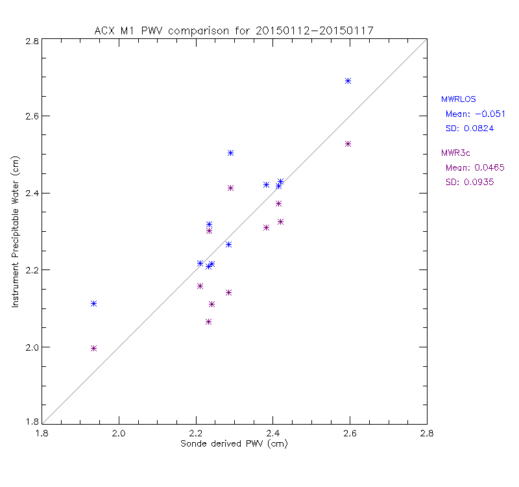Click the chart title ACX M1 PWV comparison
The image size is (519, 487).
point(234,31)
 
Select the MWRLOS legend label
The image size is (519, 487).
point(458,99)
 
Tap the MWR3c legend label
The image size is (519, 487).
point(455,153)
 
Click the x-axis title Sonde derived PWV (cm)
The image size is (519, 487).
point(234,443)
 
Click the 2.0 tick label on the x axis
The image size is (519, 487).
point(118,433)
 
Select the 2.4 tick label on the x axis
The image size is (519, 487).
point(272,433)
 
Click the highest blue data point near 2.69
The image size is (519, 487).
point(348,81)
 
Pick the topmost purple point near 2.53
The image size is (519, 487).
point(348,144)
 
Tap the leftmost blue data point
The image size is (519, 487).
point(94,303)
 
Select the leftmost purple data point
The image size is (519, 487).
point(94,348)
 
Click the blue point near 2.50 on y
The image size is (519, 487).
point(231,153)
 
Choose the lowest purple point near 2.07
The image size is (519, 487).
point(209,321)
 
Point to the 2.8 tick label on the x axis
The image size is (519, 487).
point(426,433)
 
